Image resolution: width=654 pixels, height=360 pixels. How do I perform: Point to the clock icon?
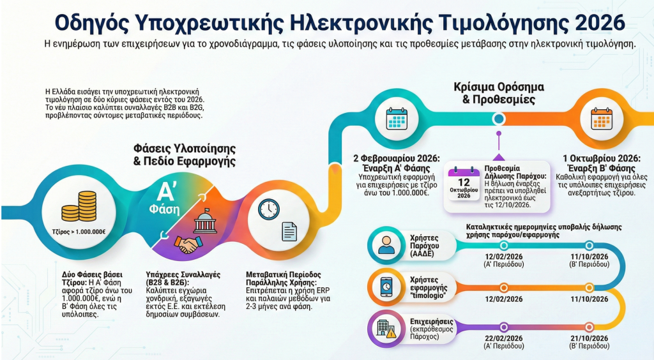pyautogui.click(x=269, y=208)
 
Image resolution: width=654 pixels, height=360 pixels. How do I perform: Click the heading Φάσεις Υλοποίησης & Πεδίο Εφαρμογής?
pyautogui.click(x=184, y=154)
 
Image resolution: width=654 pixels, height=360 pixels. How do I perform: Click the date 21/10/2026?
pyautogui.click(x=588, y=338)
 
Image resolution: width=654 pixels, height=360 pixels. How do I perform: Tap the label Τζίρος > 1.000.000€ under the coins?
pyautogui.click(x=79, y=232)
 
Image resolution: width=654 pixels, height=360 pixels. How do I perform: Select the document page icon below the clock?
pyautogui.click(x=289, y=231)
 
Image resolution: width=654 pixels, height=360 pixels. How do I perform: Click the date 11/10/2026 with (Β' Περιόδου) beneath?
pyautogui.click(x=588, y=257)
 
